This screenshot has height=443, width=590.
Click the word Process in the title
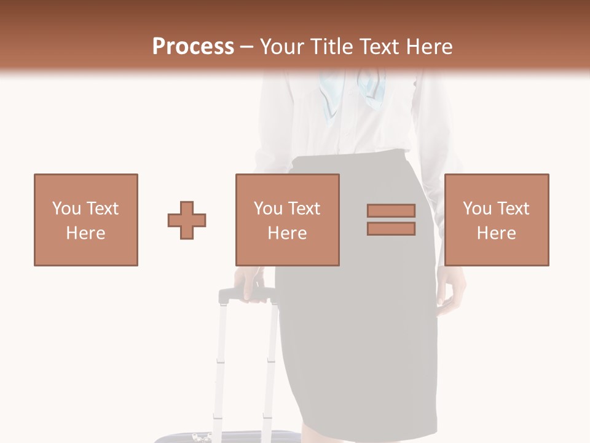coord(193,47)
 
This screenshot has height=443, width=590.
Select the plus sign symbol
coord(187,220)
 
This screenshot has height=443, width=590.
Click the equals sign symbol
coord(391,220)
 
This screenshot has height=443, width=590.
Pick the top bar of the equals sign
coord(391,211)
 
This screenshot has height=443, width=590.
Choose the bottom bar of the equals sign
coord(391,228)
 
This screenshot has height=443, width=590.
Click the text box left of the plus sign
coord(85,220)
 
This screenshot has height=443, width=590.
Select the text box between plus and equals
coord(287,220)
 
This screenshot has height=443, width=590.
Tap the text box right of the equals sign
coord(496,220)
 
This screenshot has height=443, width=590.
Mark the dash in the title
coord(246,47)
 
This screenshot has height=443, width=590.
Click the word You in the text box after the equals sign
coord(476,209)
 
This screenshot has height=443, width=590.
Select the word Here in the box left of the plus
coord(85,233)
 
